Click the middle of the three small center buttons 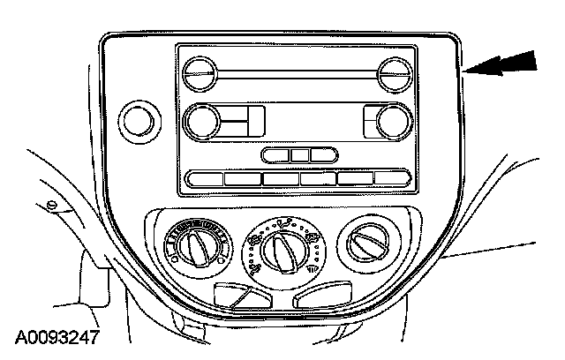(300, 155)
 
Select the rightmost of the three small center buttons (323, 155)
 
